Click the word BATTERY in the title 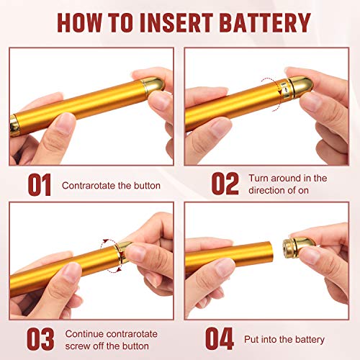pyautogui.click(x=265, y=22)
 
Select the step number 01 pyautogui.click(x=40, y=184)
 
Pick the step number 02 pyautogui.click(x=225, y=184)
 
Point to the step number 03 pyautogui.click(x=40, y=339)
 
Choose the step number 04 pyautogui.click(x=220, y=338)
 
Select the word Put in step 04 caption pyautogui.click(x=251, y=339)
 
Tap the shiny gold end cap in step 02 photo pyautogui.click(x=301, y=86)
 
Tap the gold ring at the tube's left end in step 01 pyautogui.click(x=15, y=125)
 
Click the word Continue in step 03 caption pyautogui.click(x=84, y=334)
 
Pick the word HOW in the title pyautogui.click(x=79, y=22)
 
